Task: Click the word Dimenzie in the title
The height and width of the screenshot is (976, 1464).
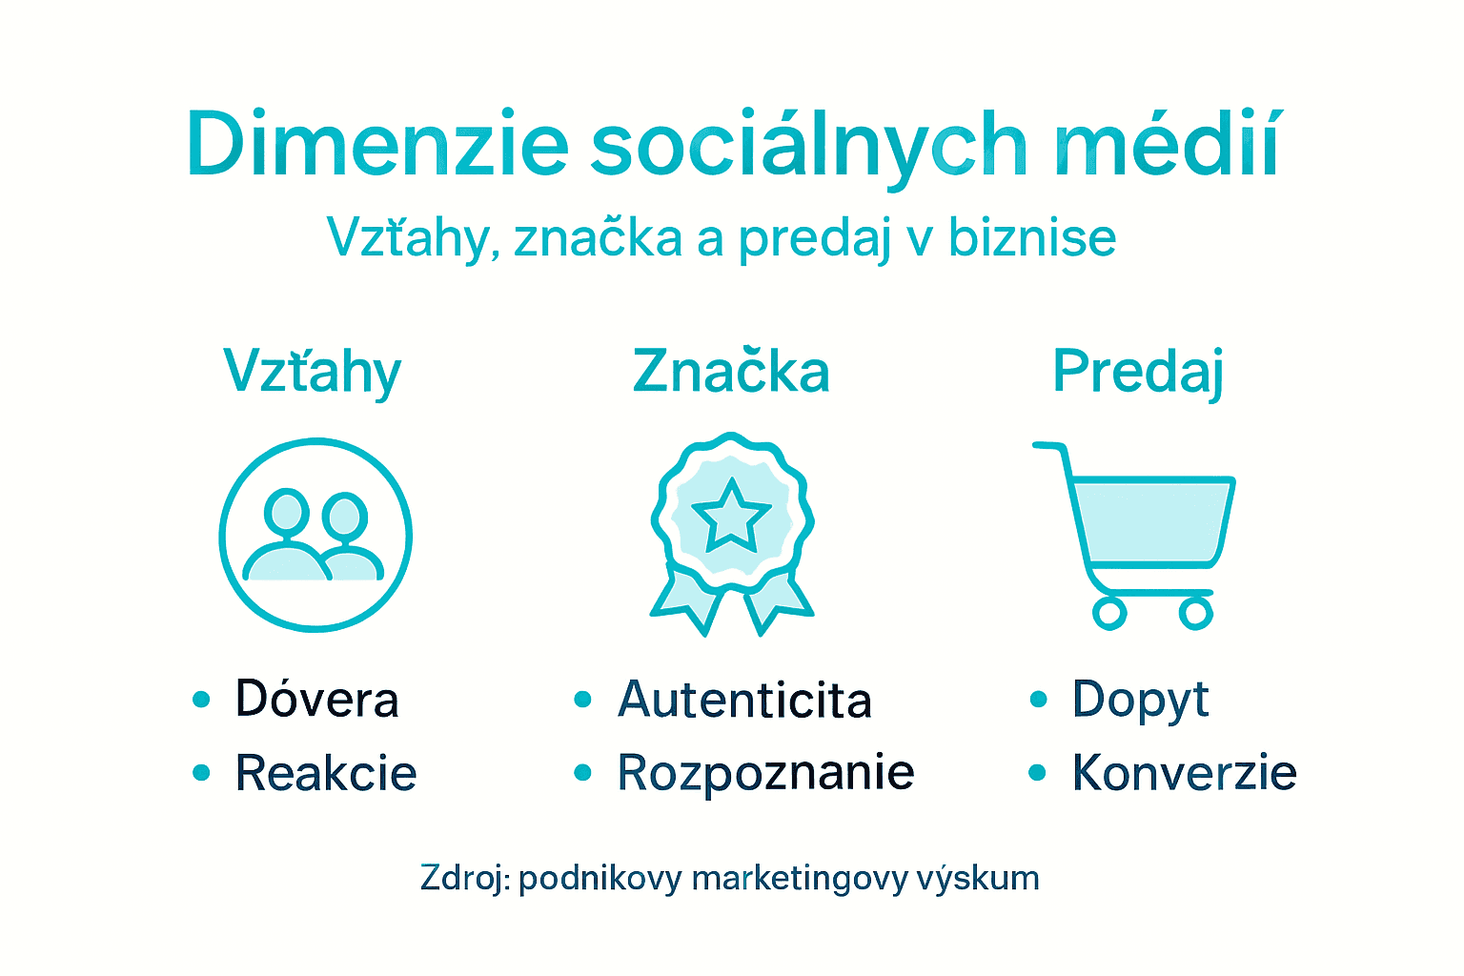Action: pos(377,145)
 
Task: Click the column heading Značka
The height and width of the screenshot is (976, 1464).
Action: pos(731,372)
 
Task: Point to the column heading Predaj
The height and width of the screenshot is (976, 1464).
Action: pos(1138,372)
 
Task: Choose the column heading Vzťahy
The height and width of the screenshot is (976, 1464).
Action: pos(313,372)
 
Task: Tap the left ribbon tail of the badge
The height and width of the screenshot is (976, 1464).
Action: pos(684,600)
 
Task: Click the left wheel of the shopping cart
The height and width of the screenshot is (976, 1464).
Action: pos(1109,613)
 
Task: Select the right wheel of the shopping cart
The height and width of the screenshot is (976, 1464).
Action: pos(1195,613)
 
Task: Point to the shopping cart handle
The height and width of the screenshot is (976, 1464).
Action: pos(1048,447)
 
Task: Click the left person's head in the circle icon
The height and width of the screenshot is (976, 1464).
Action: pos(286,511)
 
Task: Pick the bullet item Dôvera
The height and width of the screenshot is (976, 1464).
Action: pos(316,700)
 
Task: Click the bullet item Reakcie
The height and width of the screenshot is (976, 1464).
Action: pos(326,773)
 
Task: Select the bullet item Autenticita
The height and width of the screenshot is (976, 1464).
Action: pos(744,700)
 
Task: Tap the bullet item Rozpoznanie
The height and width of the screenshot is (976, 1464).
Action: pos(765,773)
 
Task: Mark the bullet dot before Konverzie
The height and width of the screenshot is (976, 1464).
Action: pos(1038,773)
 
